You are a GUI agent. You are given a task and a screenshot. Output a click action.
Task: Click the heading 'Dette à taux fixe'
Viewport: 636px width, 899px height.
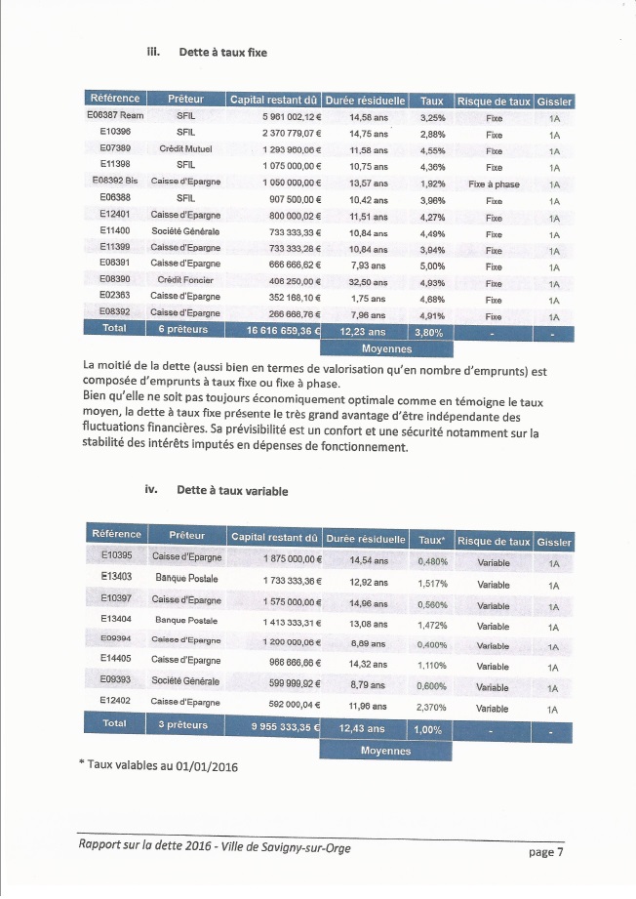[x=222, y=52]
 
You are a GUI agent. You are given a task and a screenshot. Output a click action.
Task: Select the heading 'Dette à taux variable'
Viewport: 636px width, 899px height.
[x=232, y=491]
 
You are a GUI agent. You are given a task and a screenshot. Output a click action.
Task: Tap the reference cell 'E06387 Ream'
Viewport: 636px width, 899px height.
[x=115, y=117]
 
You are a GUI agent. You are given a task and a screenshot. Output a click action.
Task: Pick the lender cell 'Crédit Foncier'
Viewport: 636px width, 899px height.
[x=184, y=280]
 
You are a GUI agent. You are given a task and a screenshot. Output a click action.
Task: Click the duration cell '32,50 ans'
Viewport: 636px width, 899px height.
[x=368, y=281]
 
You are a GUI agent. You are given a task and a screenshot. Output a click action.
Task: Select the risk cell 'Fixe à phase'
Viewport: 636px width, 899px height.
[x=494, y=184]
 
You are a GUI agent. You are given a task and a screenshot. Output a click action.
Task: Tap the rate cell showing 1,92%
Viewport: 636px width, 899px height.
[x=432, y=184]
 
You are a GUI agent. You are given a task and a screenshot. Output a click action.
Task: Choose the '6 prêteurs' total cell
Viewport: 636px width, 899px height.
[x=184, y=330]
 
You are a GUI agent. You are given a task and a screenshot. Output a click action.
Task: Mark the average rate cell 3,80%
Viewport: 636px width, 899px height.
[x=430, y=331]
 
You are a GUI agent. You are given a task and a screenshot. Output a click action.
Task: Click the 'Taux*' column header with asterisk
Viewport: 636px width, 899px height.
[x=430, y=540]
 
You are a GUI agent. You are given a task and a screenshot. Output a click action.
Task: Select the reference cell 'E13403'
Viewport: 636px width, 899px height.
[x=115, y=577]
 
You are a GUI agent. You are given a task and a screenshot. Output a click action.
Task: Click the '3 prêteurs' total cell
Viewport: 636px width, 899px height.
[x=184, y=725]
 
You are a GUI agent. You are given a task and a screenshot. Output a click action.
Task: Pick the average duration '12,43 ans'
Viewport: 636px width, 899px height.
[x=362, y=728]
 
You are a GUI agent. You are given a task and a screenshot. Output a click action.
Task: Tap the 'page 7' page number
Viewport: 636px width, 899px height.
[x=545, y=852]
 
